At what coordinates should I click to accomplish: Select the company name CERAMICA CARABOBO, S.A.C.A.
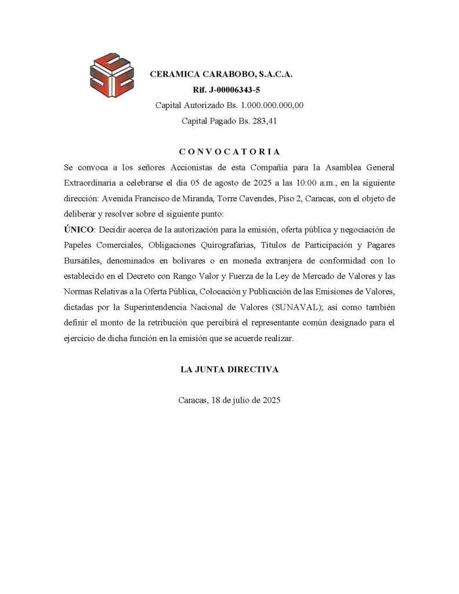click(221, 74)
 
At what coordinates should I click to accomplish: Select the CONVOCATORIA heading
click(229, 152)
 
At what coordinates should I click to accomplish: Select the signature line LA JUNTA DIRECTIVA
click(229, 370)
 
